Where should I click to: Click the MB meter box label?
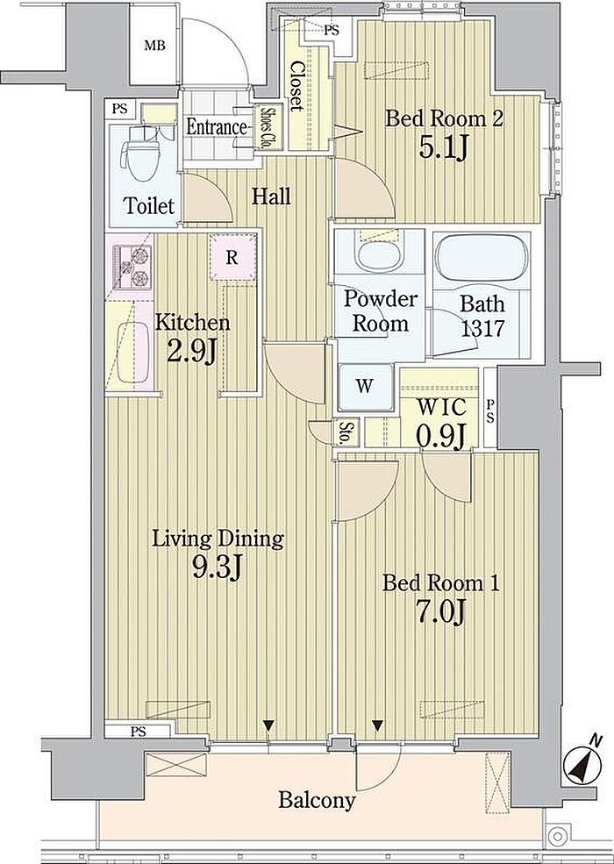155,46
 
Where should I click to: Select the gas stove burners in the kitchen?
132,267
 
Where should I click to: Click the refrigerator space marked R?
232,257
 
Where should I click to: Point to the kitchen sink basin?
132,352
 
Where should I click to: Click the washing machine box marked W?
364,386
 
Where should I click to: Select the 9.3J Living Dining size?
218,566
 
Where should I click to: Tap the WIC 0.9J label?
441,422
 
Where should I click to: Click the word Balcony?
317,800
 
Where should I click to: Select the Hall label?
271,196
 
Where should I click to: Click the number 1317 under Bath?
482,328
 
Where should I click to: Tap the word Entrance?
216,127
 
